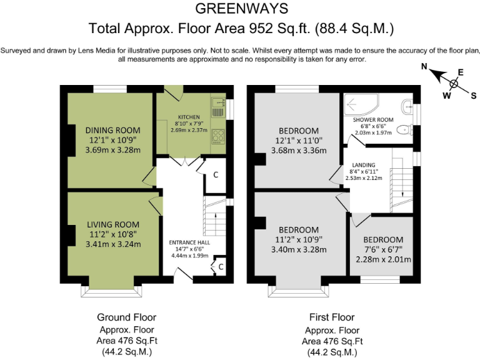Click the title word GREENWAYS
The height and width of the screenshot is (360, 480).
[241, 8]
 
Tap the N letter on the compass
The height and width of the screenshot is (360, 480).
[424, 66]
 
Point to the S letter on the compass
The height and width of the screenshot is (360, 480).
[473, 95]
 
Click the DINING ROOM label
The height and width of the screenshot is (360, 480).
[112, 130]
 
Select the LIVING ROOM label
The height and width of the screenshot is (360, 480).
[113, 224]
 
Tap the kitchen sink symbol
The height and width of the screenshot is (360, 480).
[217, 107]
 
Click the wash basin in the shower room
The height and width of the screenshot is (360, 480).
[407, 104]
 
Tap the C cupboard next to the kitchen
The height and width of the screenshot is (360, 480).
[216, 174]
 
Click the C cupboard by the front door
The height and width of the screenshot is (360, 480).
[221, 267]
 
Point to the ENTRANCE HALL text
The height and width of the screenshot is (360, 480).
[189, 242]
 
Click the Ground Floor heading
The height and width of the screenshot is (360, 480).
[126, 317]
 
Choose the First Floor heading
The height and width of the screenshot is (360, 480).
[332, 317]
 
